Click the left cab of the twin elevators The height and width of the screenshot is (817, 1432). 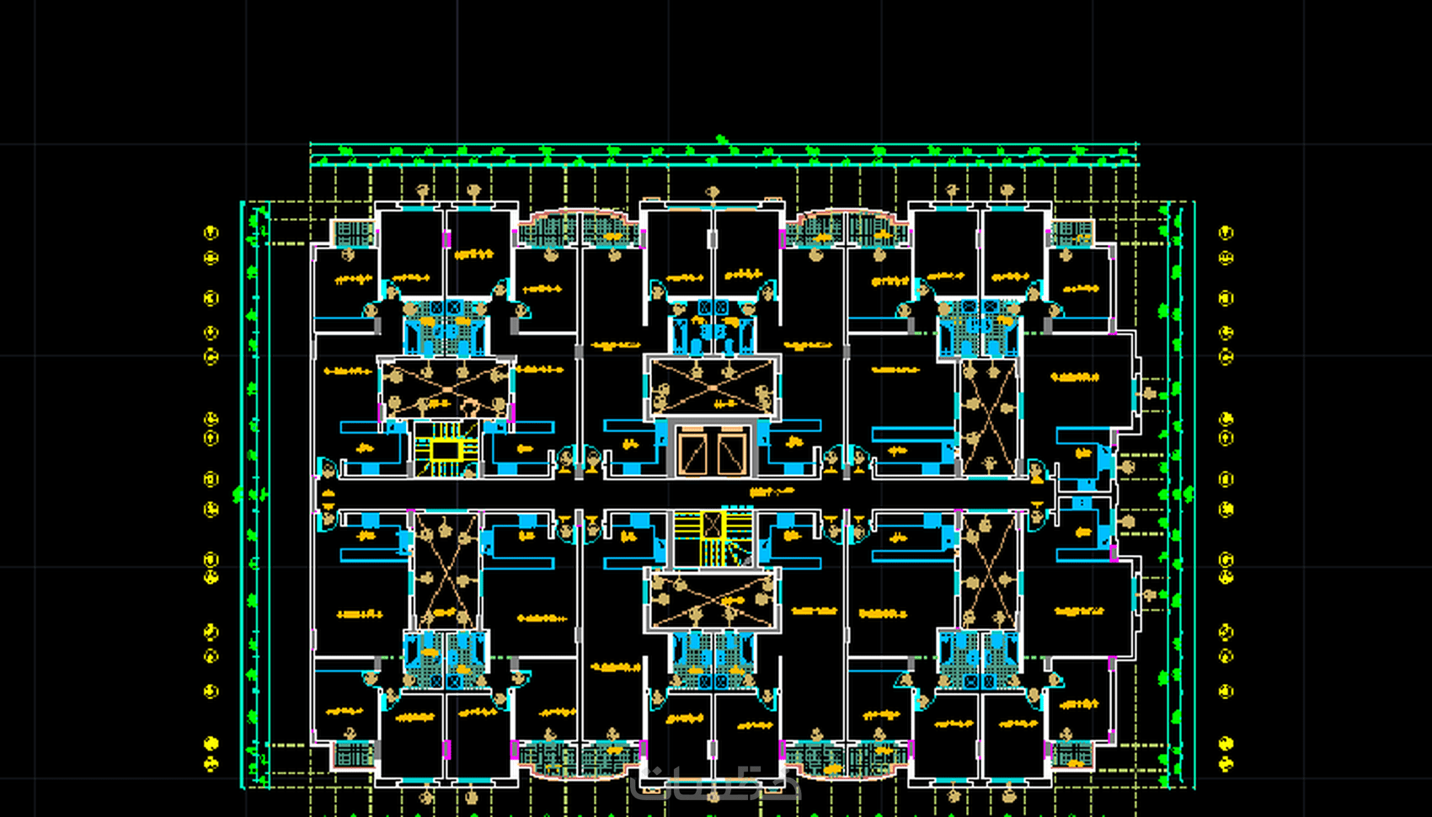pyautogui.click(x=693, y=453)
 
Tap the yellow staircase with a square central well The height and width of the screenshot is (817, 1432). pyautogui.click(x=446, y=450)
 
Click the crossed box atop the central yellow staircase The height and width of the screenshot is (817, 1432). pyautogui.click(x=713, y=524)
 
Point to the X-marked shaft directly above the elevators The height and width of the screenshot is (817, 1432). pyautogui.click(x=713, y=387)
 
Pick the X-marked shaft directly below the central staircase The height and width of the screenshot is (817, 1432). pyautogui.click(x=713, y=600)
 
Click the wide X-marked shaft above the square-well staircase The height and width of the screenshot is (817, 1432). pyautogui.click(x=446, y=387)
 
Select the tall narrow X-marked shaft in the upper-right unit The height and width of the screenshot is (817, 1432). pyautogui.click(x=988, y=417)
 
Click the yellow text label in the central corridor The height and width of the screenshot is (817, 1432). pyautogui.click(x=772, y=492)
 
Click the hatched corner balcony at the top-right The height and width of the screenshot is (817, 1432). pyautogui.click(x=1071, y=232)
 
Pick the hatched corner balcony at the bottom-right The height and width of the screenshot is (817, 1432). pyautogui.click(x=1071, y=754)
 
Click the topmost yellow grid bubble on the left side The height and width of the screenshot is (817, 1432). pyautogui.click(x=211, y=232)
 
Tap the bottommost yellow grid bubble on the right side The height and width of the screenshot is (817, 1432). pyautogui.click(x=1226, y=763)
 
